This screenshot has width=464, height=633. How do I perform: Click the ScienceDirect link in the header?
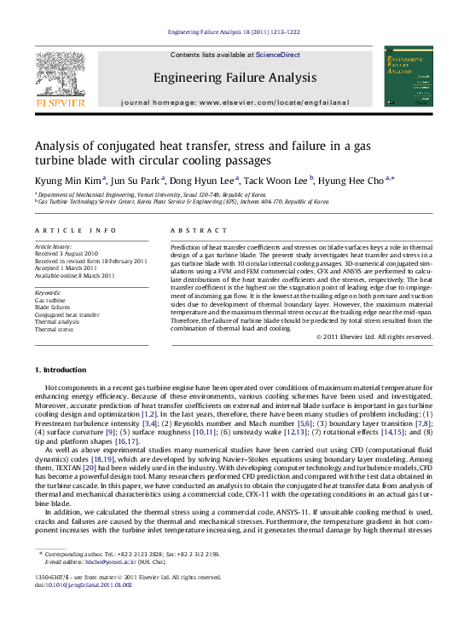278,55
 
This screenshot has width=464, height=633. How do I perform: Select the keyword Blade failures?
53,307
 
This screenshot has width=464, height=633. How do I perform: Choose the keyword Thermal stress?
54,328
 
